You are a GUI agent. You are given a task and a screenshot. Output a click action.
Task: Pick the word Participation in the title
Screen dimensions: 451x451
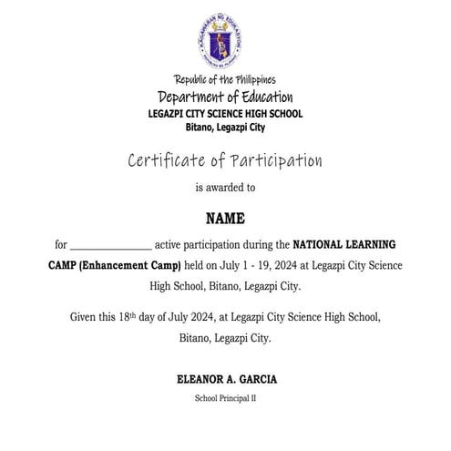coord(275,161)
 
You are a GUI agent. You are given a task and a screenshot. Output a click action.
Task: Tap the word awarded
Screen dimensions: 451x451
coord(225,189)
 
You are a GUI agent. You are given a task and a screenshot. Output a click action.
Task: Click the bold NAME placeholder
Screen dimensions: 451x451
coord(225,220)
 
